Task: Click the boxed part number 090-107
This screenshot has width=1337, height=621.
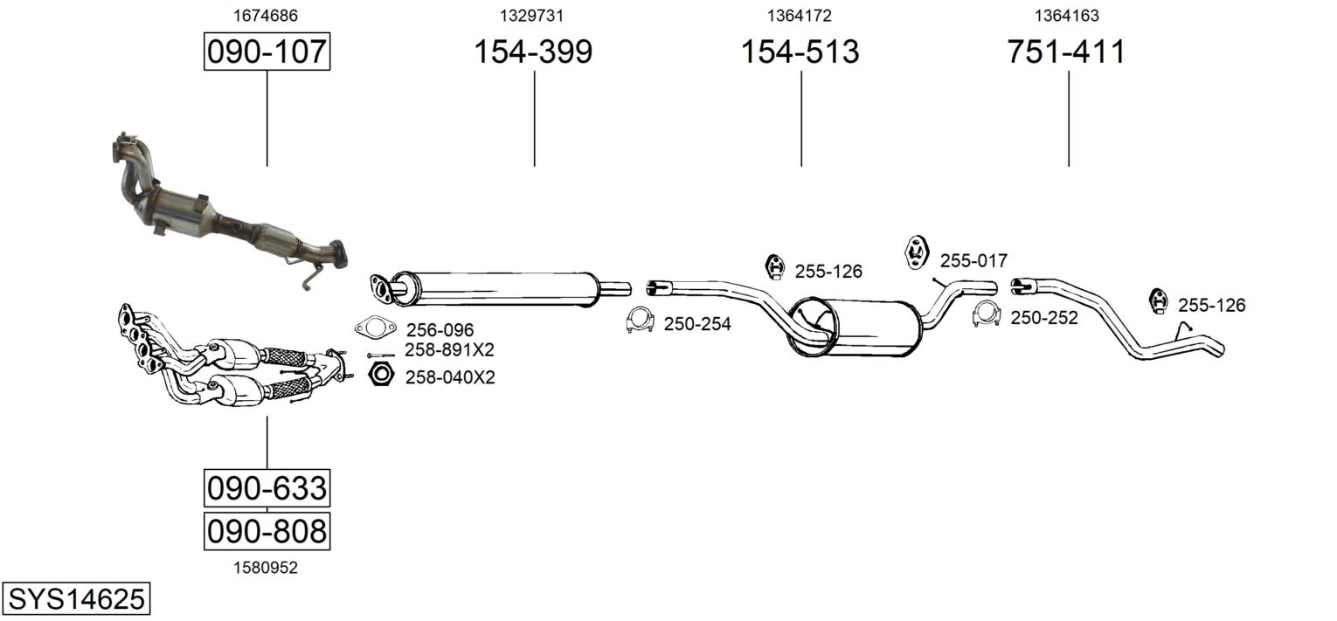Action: pos(267,52)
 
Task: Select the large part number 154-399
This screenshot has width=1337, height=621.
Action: pos(533,52)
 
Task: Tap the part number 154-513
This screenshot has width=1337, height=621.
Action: pos(800,52)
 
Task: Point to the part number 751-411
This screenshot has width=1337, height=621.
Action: pos(1067,52)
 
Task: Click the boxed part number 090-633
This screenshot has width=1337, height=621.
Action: pos(267,488)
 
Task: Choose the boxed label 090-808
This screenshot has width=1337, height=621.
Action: pos(267,531)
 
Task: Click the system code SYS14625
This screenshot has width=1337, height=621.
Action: pos(76,598)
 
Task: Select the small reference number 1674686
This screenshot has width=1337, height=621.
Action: pos(266,16)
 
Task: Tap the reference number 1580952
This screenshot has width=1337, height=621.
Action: pos(266,568)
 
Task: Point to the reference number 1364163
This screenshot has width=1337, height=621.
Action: pos(1067,16)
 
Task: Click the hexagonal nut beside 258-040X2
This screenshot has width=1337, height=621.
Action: pos(381,374)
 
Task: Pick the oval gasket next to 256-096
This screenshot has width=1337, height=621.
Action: pos(376,328)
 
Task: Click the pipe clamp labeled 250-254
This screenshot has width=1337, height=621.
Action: pos(640,321)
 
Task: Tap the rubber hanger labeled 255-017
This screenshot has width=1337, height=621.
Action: pos(917,252)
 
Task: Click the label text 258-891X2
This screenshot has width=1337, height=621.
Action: pos(449,349)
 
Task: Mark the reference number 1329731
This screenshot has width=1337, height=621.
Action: pos(531,16)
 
